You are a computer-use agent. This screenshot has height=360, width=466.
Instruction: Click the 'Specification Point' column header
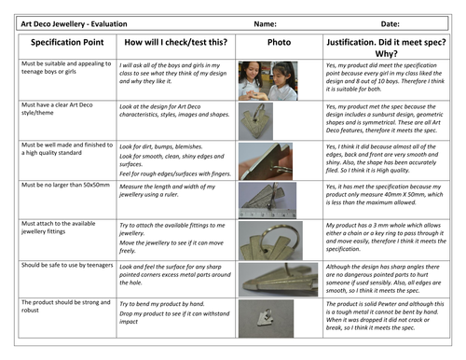[x=60, y=43]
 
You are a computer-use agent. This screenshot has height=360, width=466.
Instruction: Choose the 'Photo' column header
[x=279, y=43]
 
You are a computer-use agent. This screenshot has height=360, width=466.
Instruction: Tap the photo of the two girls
[x=279, y=77]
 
